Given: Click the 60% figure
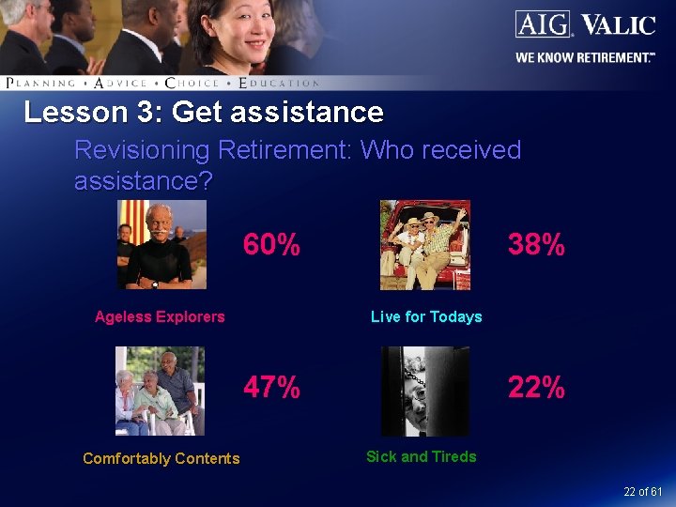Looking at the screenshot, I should point(271,245).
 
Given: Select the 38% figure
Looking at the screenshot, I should point(536,245).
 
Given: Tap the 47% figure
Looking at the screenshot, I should point(271,387).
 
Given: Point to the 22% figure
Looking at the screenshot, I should point(536,387).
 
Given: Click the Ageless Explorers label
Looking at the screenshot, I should point(160,316).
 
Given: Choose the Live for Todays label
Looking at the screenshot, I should point(426,316).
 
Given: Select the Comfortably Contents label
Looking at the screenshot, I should point(161,458).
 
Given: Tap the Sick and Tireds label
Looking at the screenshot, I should point(421,456).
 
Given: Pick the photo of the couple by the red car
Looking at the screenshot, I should point(424,245).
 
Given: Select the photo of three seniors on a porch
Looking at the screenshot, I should point(159,391).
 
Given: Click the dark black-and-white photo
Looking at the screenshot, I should point(424,391).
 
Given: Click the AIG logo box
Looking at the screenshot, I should point(542,23).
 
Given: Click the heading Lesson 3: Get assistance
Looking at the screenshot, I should point(204,113).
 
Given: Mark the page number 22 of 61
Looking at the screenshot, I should point(642,492).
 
